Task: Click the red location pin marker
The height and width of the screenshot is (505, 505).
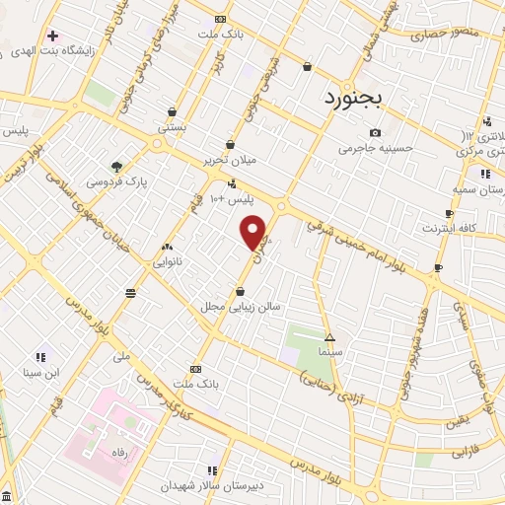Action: coord(254,232)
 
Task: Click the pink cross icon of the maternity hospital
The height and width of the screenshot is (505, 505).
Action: coord(52,36)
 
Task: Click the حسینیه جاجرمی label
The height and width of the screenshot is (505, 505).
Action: coord(372,149)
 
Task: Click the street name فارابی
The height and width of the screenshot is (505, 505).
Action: coord(465,454)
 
